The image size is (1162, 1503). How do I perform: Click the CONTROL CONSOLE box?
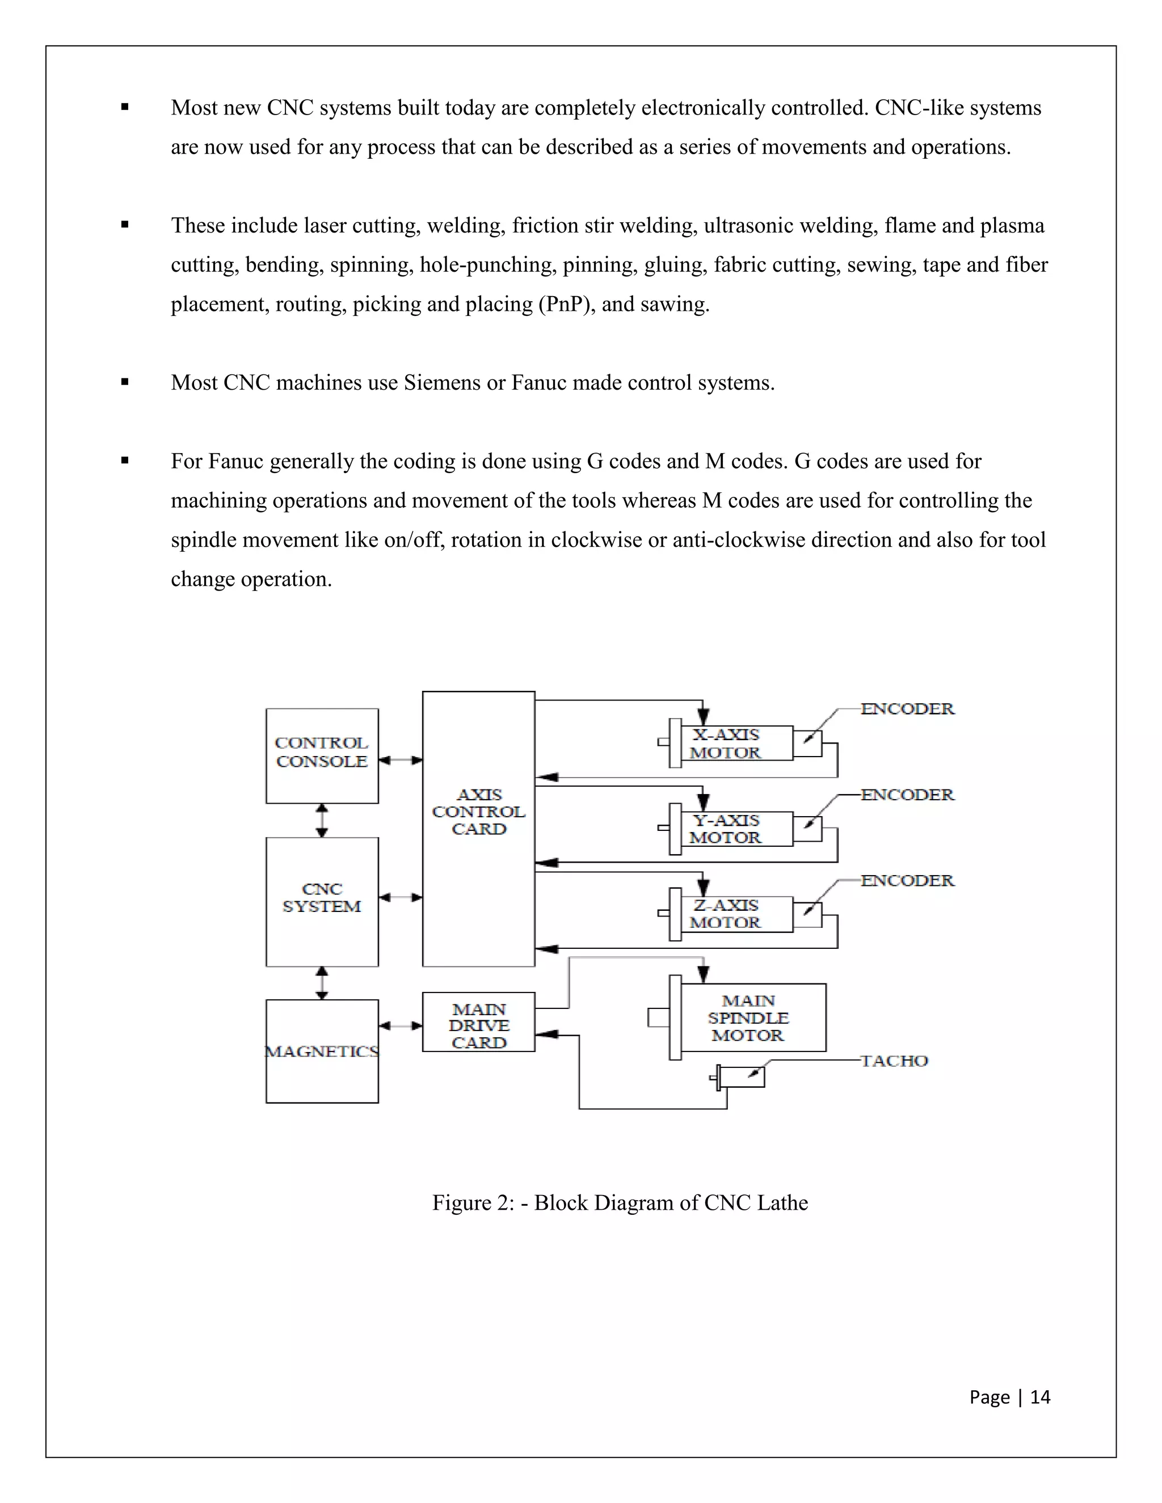[322, 755]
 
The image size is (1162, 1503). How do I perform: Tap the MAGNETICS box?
[322, 1051]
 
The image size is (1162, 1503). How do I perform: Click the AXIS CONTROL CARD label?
[478, 812]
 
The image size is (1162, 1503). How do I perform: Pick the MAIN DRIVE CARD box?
[478, 1025]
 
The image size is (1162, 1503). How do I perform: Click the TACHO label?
[894, 1061]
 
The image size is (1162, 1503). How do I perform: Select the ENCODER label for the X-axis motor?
[907, 709]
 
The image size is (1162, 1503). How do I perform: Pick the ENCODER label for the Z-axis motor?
[907, 881]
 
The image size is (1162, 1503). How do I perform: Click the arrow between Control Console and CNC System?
[322, 820]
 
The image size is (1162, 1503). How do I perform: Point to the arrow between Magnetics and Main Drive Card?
[400, 1026]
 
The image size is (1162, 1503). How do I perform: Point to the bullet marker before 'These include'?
[125, 225]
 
